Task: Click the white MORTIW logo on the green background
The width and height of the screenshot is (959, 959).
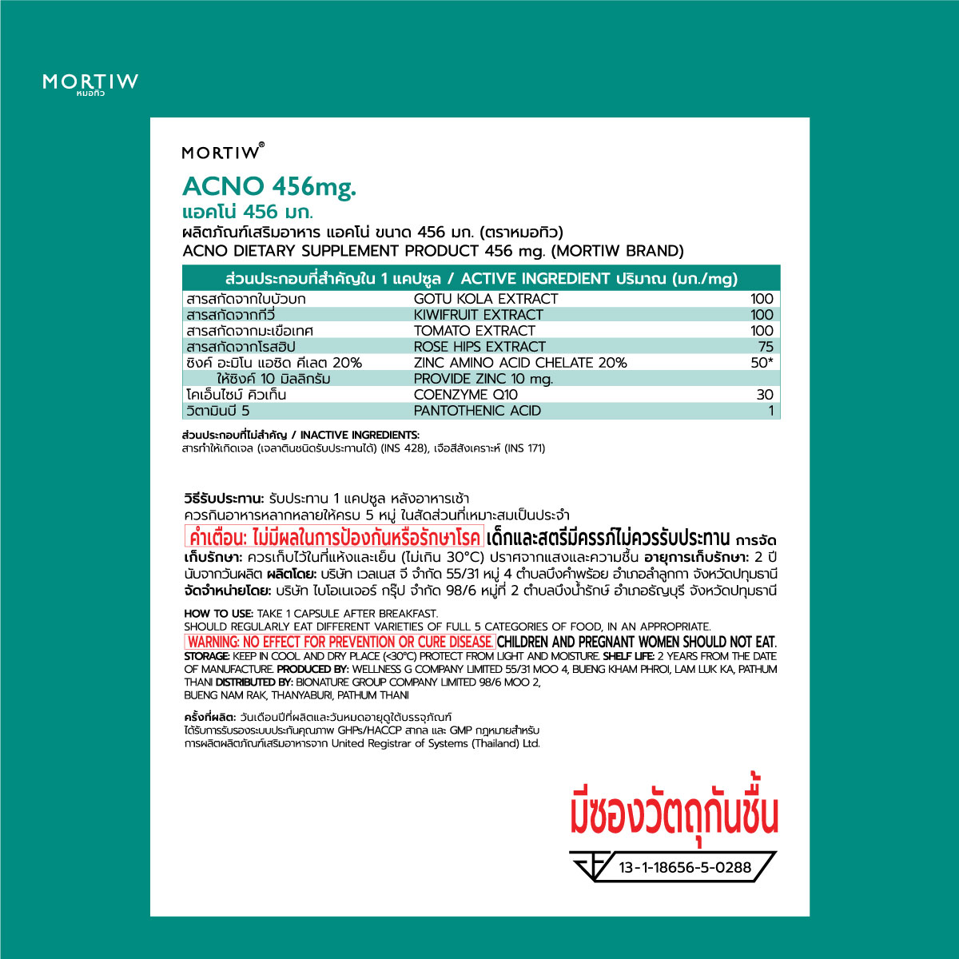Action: click(x=90, y=82)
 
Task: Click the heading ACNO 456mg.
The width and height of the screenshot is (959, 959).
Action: click(x=269, y=186)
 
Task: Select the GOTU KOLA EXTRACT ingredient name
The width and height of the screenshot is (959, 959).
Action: click(x=485, y=299)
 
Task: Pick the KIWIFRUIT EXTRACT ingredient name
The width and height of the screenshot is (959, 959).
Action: click(x=478, y=315)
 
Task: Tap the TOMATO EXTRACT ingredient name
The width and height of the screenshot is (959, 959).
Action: click(x=474, y=331)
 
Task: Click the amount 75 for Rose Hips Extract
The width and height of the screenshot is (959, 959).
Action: click(x=766, y=347)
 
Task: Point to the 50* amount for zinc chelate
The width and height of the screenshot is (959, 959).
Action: click(x=762, y=363)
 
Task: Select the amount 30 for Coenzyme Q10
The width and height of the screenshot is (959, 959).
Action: click(x=765, y=395)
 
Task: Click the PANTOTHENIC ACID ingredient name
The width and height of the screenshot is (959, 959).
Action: click(x=477, y=411)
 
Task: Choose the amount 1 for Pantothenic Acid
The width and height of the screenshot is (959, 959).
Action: click(x=770, y=411)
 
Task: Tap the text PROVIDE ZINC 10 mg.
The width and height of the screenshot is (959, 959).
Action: click(x=483, y=379)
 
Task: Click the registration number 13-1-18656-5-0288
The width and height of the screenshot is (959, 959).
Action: click(x=685, y=867)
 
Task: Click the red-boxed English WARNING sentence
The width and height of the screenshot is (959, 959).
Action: click(x=340, y=642)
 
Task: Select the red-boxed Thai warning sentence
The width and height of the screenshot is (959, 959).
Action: click(x=333, y=535)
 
